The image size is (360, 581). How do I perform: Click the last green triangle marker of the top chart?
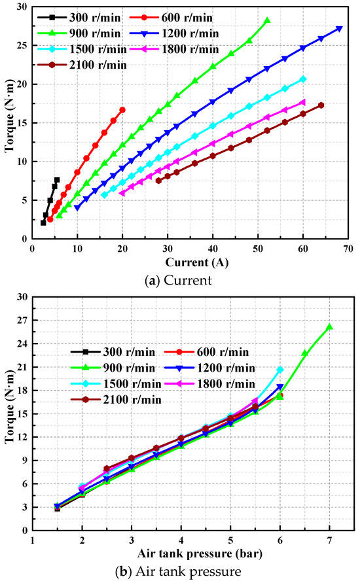tap(266, 21)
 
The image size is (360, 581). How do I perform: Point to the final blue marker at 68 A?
tap(339, 28)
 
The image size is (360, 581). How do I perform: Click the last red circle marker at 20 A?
tap(122, 110)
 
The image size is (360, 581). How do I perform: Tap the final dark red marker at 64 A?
tap(321, 105)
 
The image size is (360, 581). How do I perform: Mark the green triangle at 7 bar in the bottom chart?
tap(329, 326)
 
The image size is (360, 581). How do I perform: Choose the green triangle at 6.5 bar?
tap(305, 353)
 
